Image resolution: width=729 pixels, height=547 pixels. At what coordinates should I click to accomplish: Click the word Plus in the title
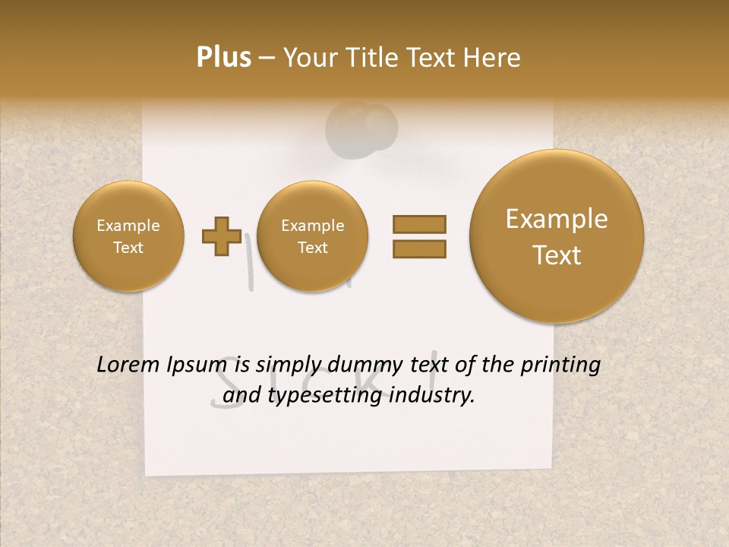coord(223,58)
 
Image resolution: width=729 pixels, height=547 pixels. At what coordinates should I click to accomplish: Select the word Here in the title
coord(493,58)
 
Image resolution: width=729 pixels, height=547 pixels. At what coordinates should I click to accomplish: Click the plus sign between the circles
coord(221,236)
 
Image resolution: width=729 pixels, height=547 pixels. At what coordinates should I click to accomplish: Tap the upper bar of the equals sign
coord(419,224)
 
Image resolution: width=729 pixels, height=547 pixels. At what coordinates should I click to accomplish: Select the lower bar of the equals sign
coord(419,248)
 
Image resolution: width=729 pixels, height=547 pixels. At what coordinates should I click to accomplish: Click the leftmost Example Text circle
coord(128,236)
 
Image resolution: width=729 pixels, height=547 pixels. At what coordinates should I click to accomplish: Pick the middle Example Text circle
coord(313,236)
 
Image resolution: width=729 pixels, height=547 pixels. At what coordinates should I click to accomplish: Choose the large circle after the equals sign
coord(557,236)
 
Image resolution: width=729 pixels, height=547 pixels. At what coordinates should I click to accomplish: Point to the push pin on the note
coord(362,127)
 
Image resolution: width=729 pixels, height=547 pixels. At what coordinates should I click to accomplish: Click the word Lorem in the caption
coord(128,365)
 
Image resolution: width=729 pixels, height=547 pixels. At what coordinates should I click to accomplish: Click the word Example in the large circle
coord(557,219)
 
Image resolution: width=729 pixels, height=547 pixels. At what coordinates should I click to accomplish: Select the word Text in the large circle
coord(557,255)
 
